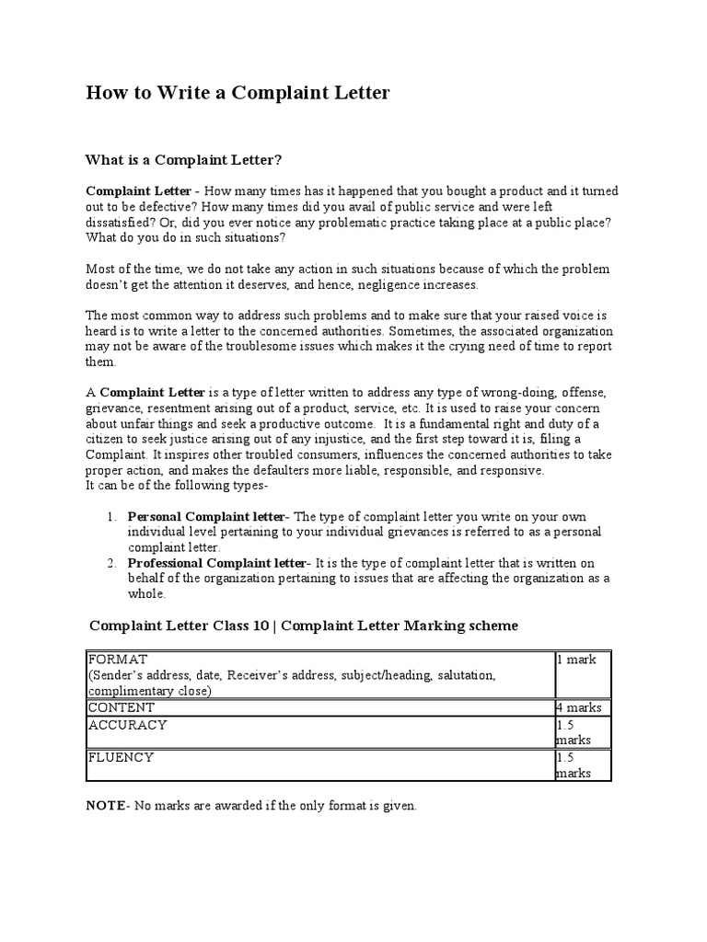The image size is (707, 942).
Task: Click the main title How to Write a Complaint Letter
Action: click(238, 93)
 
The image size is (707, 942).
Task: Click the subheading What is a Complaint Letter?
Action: click(182, 160)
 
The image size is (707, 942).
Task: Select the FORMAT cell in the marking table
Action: click(116, 660)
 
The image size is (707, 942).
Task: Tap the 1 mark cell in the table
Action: click(576, 660)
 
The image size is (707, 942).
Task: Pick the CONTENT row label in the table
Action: click(122, 707)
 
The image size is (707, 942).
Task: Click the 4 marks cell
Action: click(579, 707)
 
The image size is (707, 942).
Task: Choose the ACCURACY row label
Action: click(127, 725)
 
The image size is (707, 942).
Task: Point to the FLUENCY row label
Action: click(121, 757)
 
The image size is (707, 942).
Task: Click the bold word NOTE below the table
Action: click(106, 805)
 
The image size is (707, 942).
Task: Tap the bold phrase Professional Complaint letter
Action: click(215, 563)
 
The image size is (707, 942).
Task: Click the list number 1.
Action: click(111, 516)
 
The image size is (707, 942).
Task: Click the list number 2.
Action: click(111, 563)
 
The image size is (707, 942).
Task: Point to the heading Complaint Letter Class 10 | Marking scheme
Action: click(304, 626)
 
